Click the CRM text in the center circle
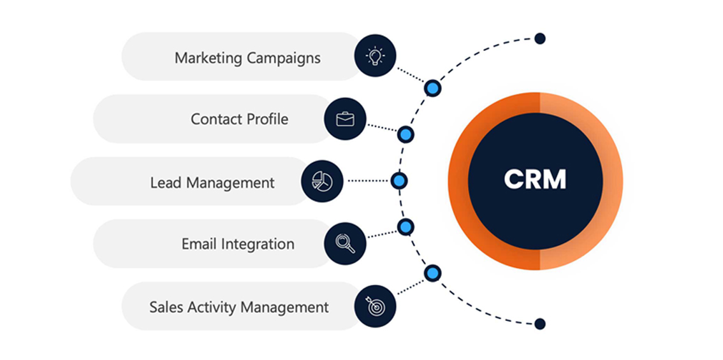coord(535,180)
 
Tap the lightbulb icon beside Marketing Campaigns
coord(375,56)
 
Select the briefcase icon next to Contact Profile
coord(345,119)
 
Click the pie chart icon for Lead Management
coord(322,181)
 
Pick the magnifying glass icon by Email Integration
coord(345,243)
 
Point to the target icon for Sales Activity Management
coord(375,306)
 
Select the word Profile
coord(265,119)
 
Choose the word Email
coord(199,244)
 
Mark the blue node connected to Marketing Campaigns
coord(432,88)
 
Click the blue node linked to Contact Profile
coord(405,134)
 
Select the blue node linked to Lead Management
coord(399,181)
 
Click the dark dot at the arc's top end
coord(540,38)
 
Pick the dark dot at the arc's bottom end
coord(540,324)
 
